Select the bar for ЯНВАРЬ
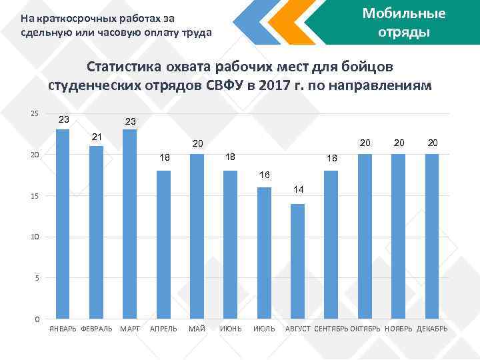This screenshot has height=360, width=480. [63, 223]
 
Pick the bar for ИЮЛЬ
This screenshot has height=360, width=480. [264, 253]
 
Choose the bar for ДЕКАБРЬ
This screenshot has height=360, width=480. [432, 236]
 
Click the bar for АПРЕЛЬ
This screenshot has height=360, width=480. [163, 244]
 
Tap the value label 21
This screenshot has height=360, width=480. [97, 137]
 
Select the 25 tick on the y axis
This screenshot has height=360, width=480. [35, 114]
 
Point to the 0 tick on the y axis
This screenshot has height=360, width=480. [37, 319]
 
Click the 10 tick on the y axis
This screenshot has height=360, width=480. [35, 237]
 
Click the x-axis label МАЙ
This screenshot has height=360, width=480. [197, 330]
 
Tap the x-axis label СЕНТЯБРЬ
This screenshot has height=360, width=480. [331, 330]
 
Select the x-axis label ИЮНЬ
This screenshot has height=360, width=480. [231, 330]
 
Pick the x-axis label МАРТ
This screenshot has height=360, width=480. [129, 330]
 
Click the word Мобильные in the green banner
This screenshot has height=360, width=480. [403, 13]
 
